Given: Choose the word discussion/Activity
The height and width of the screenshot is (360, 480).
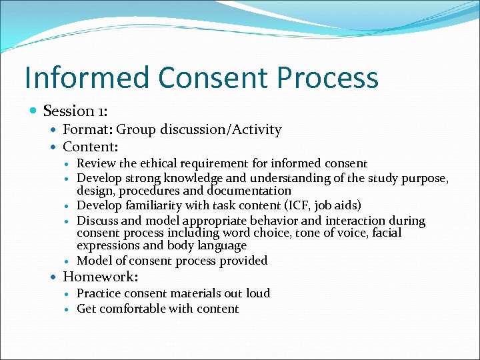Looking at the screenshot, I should point(221,130).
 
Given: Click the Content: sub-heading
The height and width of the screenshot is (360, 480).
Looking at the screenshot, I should point(90,146).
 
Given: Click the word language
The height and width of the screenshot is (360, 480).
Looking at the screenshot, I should point(218,245).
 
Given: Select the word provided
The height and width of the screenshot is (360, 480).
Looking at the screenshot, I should point(243,261).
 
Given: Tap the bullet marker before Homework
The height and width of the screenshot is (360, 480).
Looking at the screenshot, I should point(54,276).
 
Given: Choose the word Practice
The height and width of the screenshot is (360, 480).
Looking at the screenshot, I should point(99,293).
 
